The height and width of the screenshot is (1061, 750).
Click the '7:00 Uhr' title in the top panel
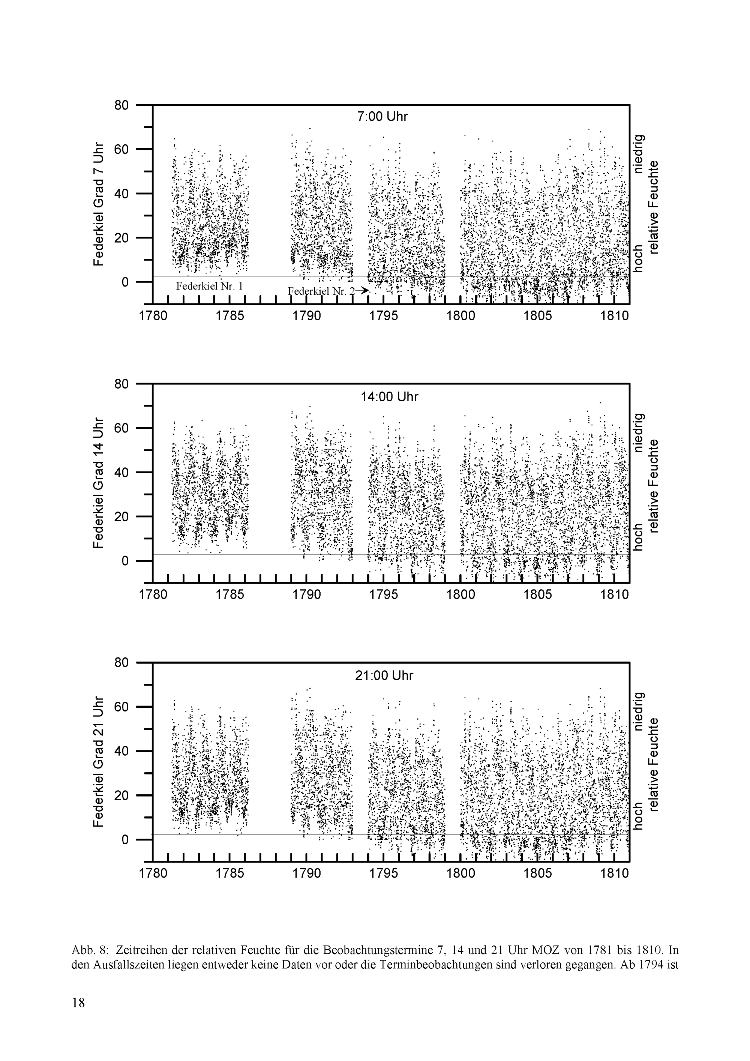click(x=382, y=116)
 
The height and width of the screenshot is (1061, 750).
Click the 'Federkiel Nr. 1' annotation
click(x=209, y=287)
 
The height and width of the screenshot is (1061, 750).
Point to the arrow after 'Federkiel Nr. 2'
click(x=364, y=291)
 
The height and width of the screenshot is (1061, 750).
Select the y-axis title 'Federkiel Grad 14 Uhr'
click(x=98, y=482)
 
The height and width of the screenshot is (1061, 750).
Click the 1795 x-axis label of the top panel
click(x=384, y=316)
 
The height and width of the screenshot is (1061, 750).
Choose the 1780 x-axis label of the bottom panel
click(x=153, y=873)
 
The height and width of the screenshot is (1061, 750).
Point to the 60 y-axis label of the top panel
click(x=122, y=149)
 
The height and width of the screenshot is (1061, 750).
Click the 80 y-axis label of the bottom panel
click(x=122, y=663)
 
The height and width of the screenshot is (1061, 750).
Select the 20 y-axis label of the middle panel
click(x=122, y=517)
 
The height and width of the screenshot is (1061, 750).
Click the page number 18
click(x=78, y=1015)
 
